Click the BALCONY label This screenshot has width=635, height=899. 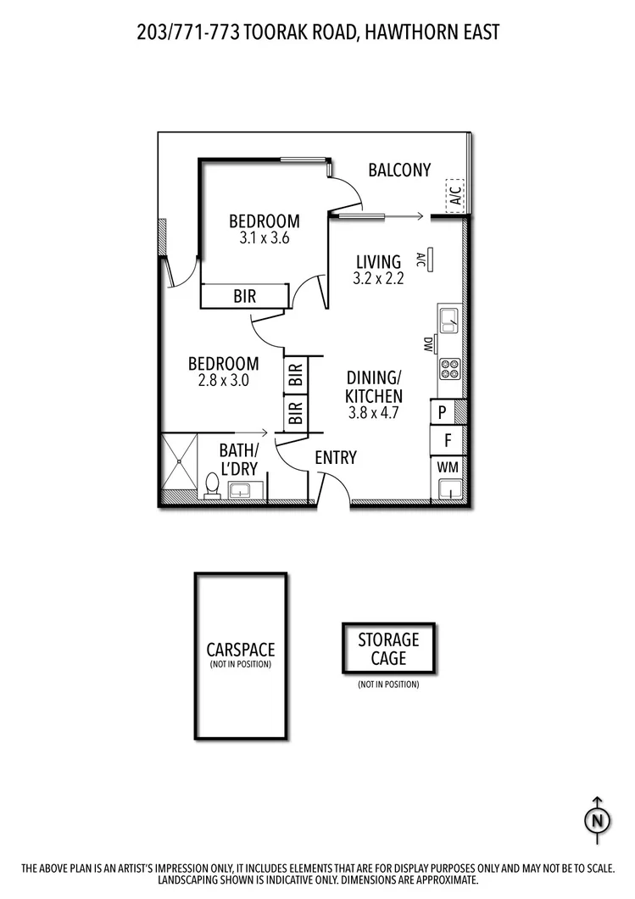click(x=399, y=170)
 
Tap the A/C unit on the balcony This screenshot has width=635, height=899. click(x=455, y=196)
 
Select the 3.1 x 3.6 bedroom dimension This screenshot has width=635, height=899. click(x=264, y=238)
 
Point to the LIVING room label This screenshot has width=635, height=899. click(x=378, y=262)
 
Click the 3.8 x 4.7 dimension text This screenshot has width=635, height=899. click(x=373, y=414)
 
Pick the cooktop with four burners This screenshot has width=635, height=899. click(x=449, y=369)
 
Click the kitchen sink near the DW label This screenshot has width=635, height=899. click(x=449, y=321)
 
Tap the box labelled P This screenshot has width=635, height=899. click(x=443, y=413)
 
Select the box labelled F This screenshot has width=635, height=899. click(x=447, y=441)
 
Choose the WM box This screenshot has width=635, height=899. click(x=447, y=467)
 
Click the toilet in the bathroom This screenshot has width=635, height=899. click(x=211, y=486)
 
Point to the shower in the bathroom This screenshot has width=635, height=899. click(x=178, y=464)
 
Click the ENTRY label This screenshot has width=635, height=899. click(x=336, y=458)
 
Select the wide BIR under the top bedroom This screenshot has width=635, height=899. click(x=245, y=296)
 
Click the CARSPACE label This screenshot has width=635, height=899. click(x=241, y=650)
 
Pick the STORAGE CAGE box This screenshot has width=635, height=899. click(x=387, y=649)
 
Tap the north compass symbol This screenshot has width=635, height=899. click(x=597, y=820)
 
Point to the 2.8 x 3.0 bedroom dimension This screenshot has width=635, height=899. click(x=223, y=381)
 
